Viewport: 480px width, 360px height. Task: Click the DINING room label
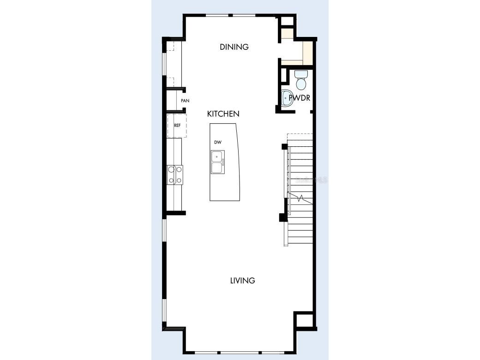[234, 47]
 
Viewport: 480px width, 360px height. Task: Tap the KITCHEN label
[223, 114]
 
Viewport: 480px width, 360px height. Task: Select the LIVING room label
[242, 280]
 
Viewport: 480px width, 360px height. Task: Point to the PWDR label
[299, 98]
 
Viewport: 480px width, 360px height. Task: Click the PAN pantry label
[185, 101]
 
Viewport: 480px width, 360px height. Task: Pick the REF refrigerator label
[177, 125]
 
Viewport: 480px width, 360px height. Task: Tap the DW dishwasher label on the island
[218, 142]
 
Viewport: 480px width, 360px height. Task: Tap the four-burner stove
[175, 175]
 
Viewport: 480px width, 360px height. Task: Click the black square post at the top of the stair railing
[285, 147]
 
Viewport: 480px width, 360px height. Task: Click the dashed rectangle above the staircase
[300, 138]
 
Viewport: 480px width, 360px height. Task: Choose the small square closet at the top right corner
[287, 21]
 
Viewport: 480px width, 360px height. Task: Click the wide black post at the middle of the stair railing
[282, 217]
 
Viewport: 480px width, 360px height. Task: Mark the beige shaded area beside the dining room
[306, 53]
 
